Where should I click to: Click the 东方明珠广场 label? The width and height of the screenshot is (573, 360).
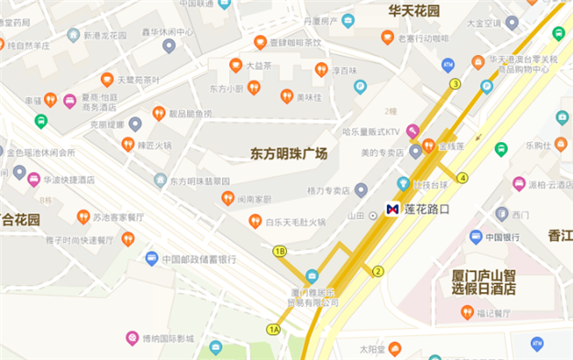(289, 154)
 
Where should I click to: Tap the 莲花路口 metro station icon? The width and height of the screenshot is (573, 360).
(392, 209)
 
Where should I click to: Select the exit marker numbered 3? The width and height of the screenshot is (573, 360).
(455, 84)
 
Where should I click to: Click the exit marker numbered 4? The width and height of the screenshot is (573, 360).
(462, 177)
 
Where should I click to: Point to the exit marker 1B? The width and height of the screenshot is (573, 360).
(280, 250)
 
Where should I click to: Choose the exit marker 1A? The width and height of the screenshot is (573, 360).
(273, 328)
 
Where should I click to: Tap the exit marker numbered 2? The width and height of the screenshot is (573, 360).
(378, 270)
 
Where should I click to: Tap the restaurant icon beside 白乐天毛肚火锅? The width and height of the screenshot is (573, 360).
(255, 221)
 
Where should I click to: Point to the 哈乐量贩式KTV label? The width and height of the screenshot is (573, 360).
(372, 130)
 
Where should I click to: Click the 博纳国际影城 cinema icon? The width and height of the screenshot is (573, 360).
(132, 339)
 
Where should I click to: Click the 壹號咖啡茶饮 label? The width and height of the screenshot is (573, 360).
(293, 42)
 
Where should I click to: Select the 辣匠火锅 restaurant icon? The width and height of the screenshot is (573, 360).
(128, 144)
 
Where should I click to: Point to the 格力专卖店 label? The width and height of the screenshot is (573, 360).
(328, 191)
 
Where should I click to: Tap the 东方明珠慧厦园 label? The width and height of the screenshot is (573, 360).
(201, 180)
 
